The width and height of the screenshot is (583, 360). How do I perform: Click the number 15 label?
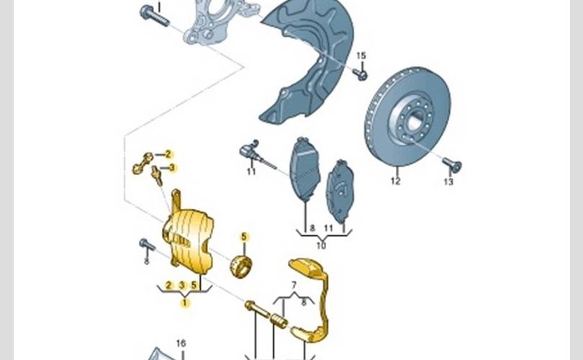(x=361, y=55)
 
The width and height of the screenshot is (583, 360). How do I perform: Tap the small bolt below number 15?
(x=361, y=74)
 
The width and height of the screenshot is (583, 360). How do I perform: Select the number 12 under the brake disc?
(x=396, y=181)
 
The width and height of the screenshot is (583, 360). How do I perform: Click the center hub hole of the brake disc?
(x=413, y=122)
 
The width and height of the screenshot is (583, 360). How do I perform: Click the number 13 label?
(x=449, y=182)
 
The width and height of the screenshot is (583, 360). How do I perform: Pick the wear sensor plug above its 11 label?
(x=248, y=150)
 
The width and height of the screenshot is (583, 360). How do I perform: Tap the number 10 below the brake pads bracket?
(x=321, y=246)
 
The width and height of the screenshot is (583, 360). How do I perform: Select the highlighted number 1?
(x=185, y=303)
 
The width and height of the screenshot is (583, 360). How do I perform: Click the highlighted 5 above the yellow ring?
(x=244, y=237)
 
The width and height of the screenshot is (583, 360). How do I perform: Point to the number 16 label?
(x=181, y=343)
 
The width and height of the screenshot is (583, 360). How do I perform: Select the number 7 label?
(x=294, y=285)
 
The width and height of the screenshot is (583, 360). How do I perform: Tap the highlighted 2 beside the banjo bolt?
(x=168, y=154)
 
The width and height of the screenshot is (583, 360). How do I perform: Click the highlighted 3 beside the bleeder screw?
(x=172, y=168)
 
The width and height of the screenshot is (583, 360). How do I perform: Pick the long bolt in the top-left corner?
(x=155, y=16)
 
